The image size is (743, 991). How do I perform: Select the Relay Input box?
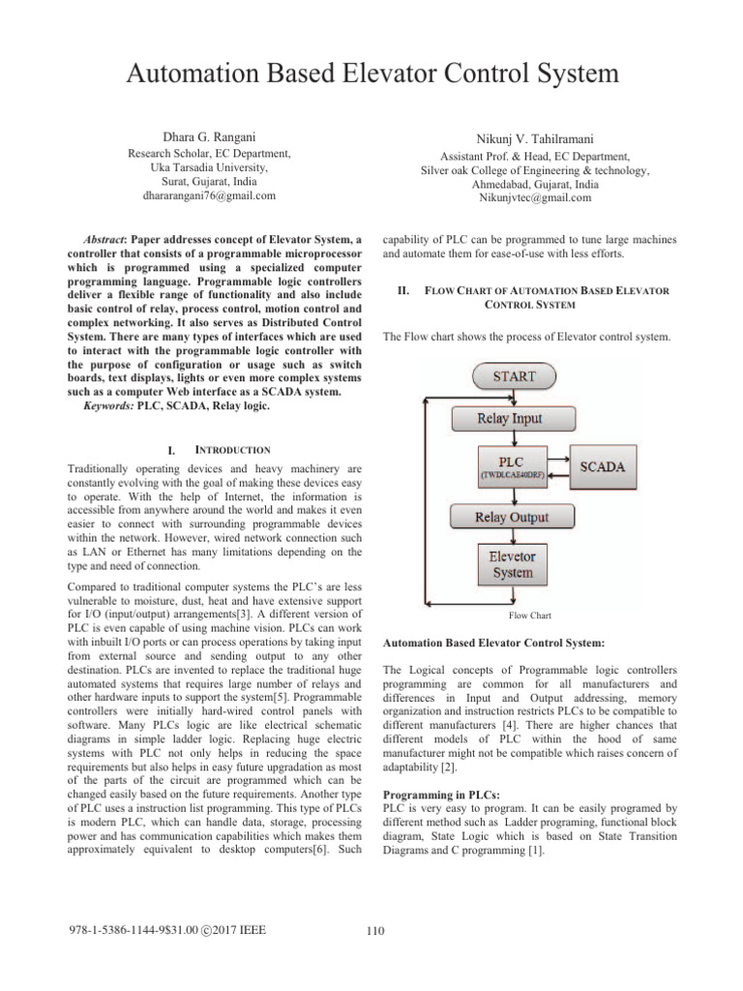(x=510, y=419)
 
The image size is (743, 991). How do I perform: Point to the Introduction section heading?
(x=225, y=450)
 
